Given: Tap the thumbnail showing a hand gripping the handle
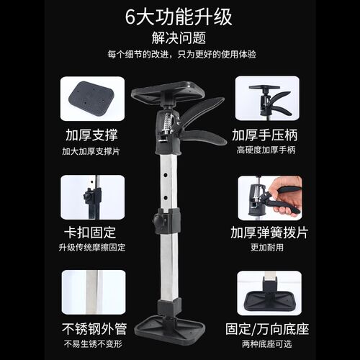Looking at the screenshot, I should pyautogui.click(x=267, y=197).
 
